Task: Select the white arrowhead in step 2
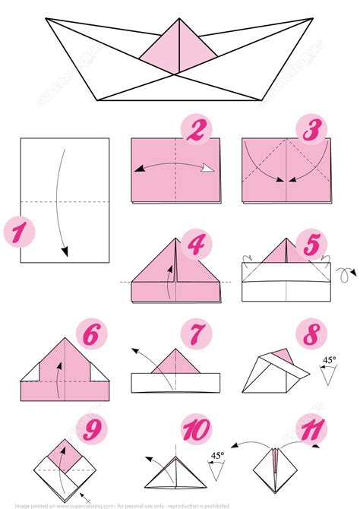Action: pyautogui.click(x=205, y=170)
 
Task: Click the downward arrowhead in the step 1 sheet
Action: pyautogui.click(x=66, y=252)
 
